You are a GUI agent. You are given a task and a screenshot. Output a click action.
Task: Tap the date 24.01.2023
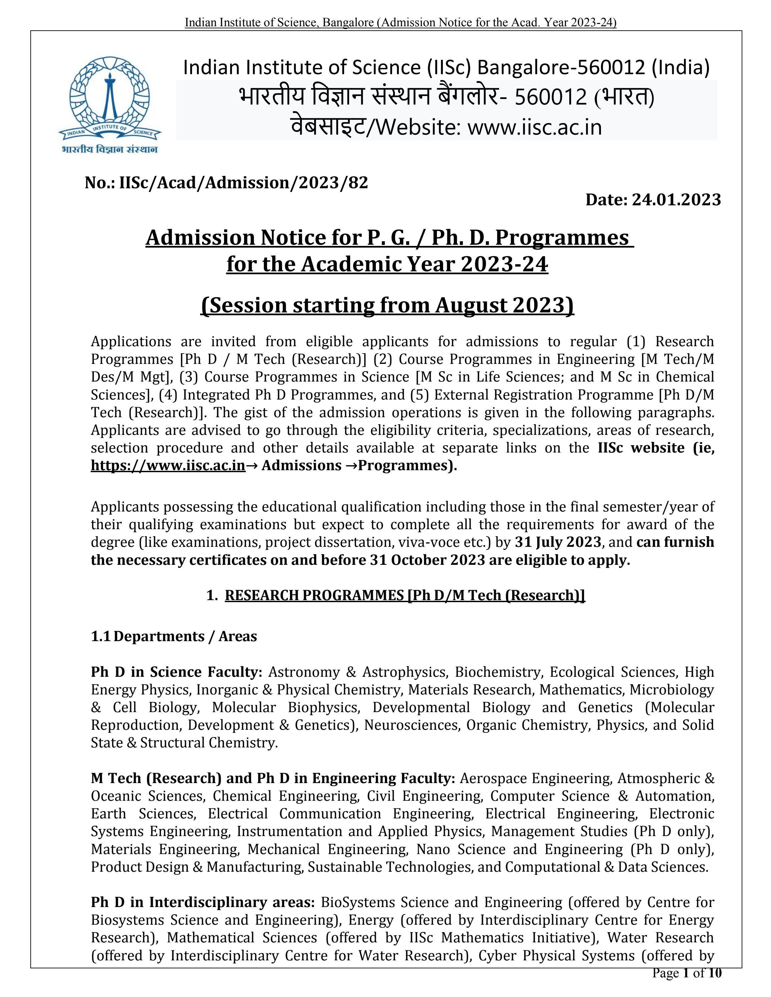(x=676, y=200)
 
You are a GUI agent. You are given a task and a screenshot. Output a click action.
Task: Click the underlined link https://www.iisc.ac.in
(x=168, y=465)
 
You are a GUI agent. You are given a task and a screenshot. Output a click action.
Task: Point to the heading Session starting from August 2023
(x=387, y=305)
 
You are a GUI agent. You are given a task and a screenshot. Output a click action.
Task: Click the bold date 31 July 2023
(x=558, y=542)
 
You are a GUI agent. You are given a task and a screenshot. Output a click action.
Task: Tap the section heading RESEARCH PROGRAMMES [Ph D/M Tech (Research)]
(x=405, y=595)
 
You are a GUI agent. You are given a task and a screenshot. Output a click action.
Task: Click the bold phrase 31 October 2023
(x=427, y=560)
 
